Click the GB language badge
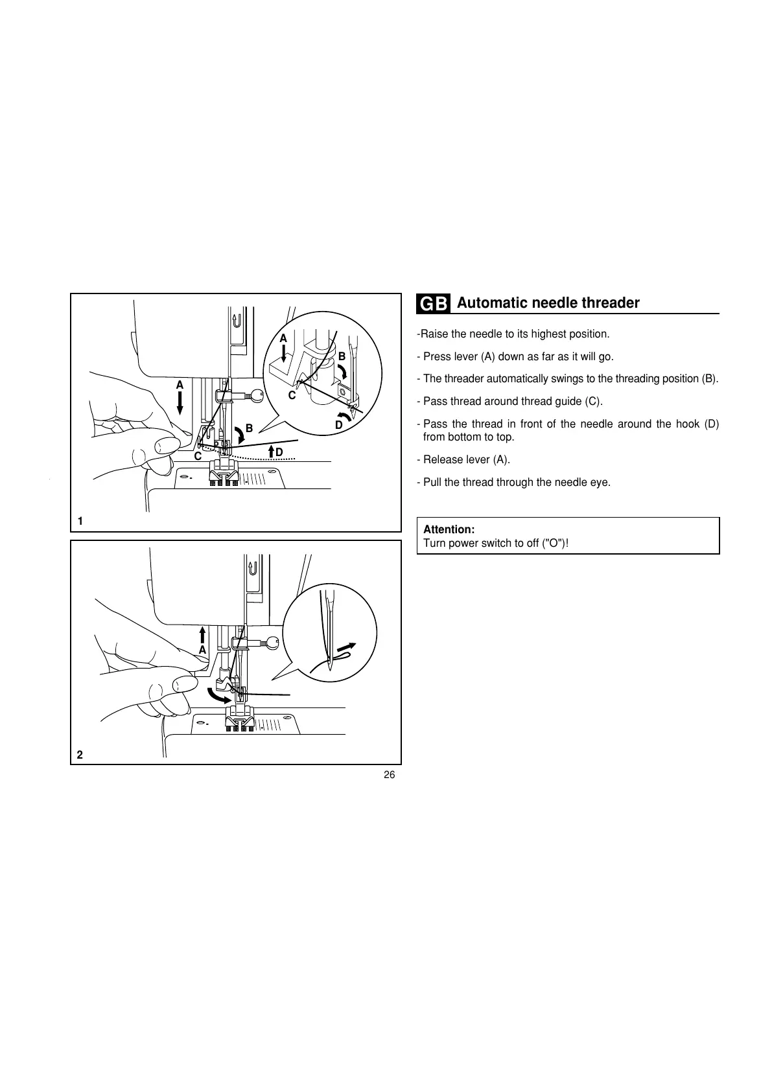coord(433,304)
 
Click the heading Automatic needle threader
coord(548,303)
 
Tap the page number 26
coord(389,775)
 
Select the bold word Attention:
coord(449,529)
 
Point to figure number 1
coord(80,521)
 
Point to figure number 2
coord(80,755)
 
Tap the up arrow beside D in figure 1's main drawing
coord(270,451)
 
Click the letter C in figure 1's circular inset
coord(292,395)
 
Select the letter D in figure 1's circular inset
coord(338,425)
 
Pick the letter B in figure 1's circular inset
coord(342,356)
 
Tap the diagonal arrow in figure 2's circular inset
coord(347,648)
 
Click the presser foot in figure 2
coord(239,717)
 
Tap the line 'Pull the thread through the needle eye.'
coord(516,483)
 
